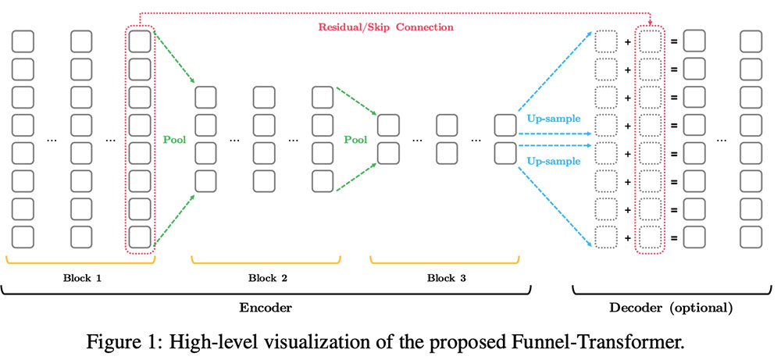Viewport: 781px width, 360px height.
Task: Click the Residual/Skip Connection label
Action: point(385,27)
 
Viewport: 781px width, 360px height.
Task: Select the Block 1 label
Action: point(81,278)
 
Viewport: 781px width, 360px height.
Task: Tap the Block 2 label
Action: point(267,278)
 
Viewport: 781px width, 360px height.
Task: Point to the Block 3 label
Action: point(444,278)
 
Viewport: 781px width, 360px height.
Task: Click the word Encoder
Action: point(267,308)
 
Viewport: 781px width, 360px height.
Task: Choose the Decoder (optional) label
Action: point(670,308)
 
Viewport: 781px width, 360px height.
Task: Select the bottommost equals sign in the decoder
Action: point(672,237)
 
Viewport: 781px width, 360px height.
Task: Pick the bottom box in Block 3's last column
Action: point(505,151)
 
